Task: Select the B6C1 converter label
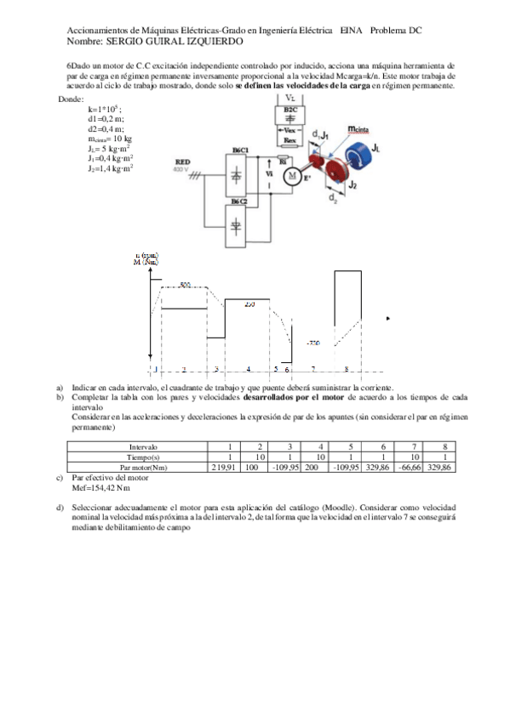(x=240, y=150)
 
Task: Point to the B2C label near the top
(x=290, y=110)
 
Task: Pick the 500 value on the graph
(x=186, y=284)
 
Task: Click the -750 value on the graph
(x=312, y=343)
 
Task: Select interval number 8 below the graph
(x=346, y=370)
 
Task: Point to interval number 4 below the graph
(x=248, y=370)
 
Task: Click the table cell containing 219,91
(x=223, y=467)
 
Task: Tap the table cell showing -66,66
(x=410, y=467)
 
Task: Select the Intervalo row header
(x=142, y=446)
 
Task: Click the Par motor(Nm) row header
(x=142, y=467)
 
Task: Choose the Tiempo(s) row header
(x=142, y=457)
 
